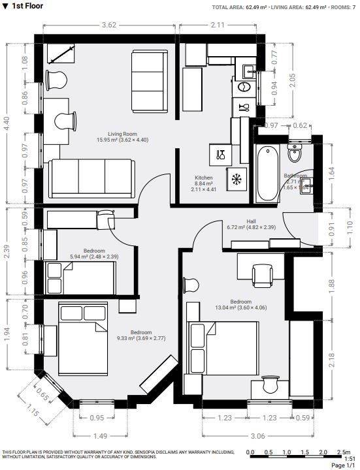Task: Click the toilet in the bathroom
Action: [x=295, y=152]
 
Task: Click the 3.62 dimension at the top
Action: [x=109, y=25]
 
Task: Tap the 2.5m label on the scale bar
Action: [x=342, y=452]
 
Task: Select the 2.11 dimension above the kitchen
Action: [x=218, y=25]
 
